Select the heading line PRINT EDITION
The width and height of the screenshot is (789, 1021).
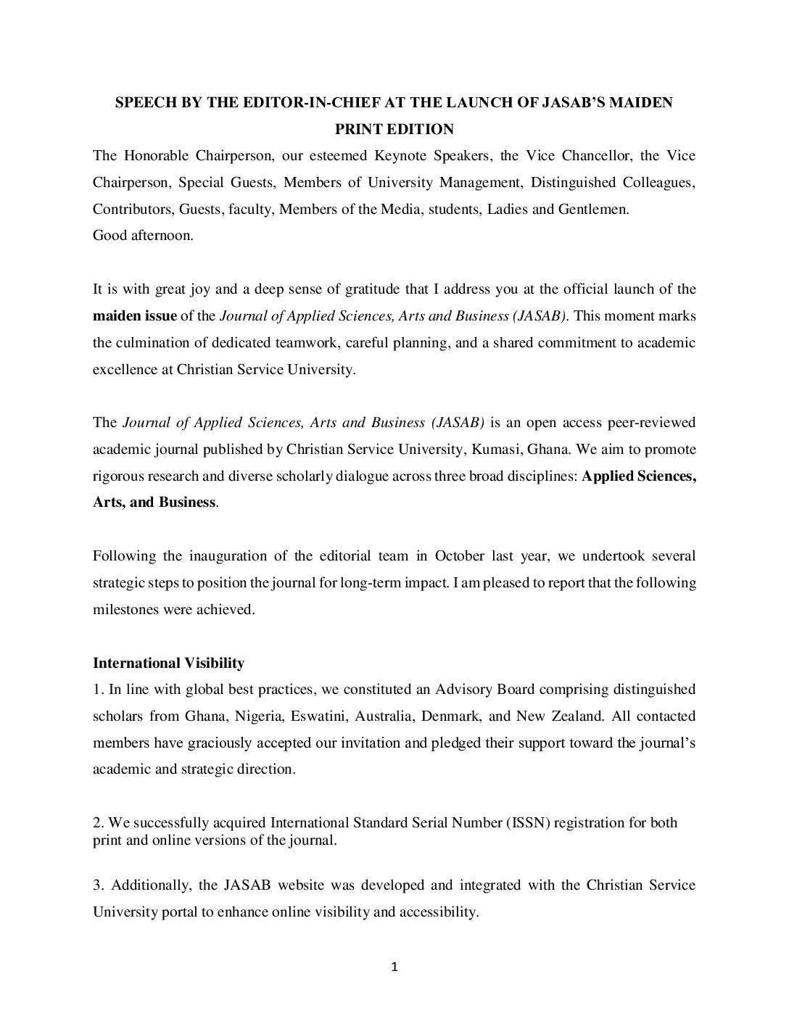tap(394, 129)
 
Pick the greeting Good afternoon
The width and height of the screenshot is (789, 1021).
tap(143, 236)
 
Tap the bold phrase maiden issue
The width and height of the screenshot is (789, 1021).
tap(134, 315)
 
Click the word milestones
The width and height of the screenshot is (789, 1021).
tap(126, 609)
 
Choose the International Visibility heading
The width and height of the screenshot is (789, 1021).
tap(168, 663)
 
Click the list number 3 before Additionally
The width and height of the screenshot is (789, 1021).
tap(97, 885)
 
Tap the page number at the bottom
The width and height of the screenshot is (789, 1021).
tap(394, 967)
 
